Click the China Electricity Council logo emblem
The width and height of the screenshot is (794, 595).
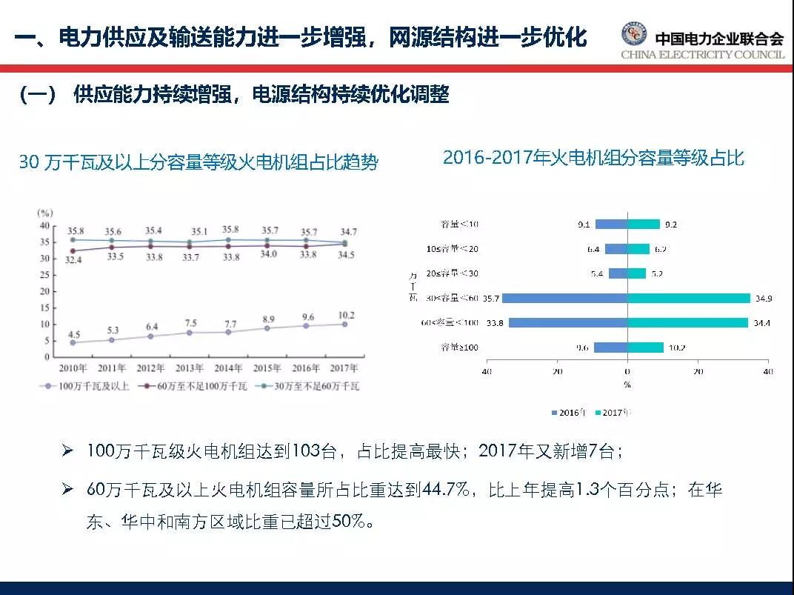(x=633, y=35)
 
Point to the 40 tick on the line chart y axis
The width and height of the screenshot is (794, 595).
(x=44, y=225)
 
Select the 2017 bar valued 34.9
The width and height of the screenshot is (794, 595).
(x=689, y=298)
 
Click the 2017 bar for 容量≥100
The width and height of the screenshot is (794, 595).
(x=645, y=347)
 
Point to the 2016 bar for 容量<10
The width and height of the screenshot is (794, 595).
(x=611, y=224)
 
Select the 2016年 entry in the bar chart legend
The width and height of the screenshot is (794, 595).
(x=569, y=412)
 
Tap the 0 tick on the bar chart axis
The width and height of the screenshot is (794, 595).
(x=627, y=371)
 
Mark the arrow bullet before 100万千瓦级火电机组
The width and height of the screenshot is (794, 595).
(x=67, y=451)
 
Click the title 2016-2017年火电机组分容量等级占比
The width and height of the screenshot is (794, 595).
(x=593, y=158)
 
